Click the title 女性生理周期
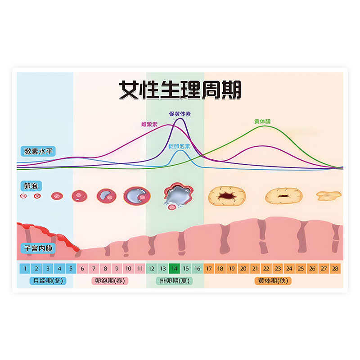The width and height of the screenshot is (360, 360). tap(180, 90)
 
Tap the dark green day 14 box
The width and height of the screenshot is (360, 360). tap(174, 269)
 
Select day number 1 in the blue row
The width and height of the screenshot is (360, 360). tap(25, 269)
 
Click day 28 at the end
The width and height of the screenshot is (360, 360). tap(335, 269)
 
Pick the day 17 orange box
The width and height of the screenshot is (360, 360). tap(209, 269)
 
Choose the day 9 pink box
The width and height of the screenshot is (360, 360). tap(117, 269)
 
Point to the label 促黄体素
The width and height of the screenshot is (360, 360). tap(180, 114)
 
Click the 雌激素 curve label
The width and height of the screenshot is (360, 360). tap(149, 124)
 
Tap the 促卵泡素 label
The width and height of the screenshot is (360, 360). tap(179, 146)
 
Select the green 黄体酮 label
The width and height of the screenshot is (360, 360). tap(262, 121)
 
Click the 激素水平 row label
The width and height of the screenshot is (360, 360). tap(38, 151)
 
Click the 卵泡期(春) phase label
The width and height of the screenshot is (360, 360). tap(110, 281)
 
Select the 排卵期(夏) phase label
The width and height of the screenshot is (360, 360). tap(175, 281)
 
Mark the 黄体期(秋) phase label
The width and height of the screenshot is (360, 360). tap(273, 281)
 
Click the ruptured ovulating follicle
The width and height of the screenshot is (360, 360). tap(177, 195)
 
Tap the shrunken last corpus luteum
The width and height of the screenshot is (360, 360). tap(329, 195)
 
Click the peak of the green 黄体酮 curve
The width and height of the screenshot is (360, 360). tap(265, 126)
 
